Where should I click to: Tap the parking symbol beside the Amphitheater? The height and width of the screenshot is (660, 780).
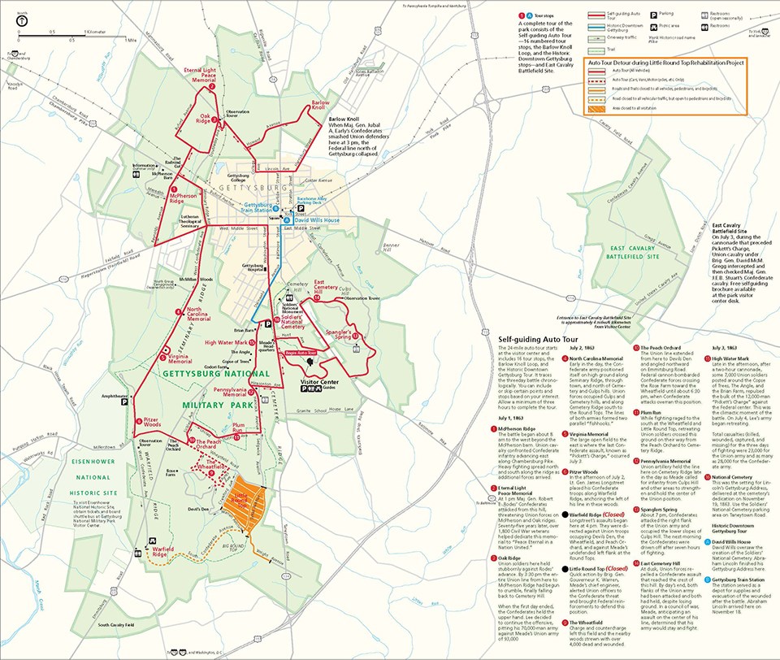(x=125, y=401)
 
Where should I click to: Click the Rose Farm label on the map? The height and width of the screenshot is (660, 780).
(x=171, y=471)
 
